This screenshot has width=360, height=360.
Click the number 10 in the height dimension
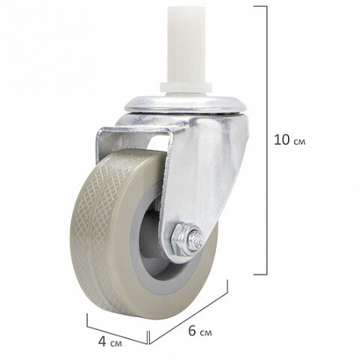point(282,140)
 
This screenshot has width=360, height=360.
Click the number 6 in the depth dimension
point(192,332)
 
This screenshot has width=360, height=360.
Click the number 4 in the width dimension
point(102,342)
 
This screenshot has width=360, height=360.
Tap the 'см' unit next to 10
point(300,142)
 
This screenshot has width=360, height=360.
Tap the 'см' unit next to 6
point(206,333)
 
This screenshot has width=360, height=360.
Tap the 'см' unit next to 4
point(116,344)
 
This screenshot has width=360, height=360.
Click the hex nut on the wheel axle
point(183,239)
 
